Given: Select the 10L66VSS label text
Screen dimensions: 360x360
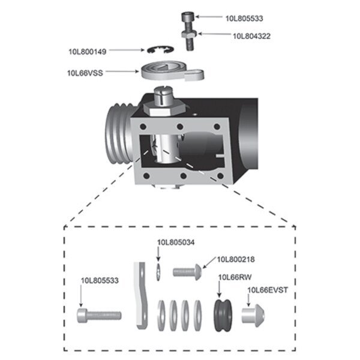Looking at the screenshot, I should (x=84, y=73).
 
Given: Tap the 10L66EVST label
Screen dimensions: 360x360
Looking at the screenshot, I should (x=268, y=290).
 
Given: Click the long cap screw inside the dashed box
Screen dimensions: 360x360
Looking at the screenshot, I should (x=99, y=314).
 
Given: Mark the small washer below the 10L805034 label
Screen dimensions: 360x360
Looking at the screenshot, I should (x=158, y=271).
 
